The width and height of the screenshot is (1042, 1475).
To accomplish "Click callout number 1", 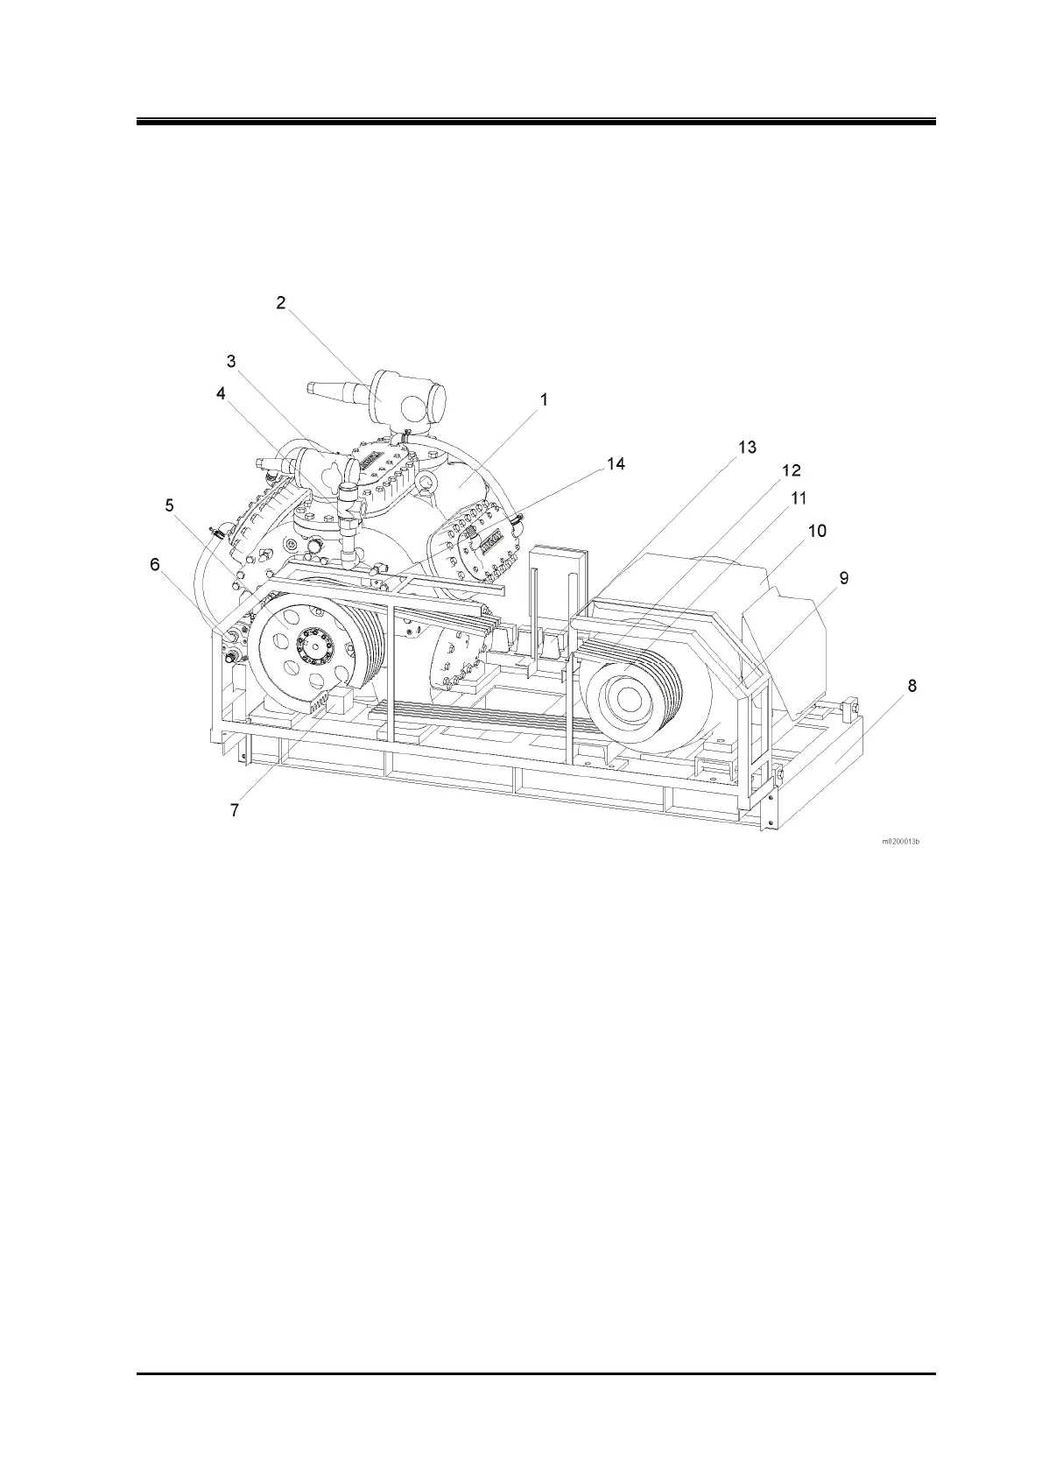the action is (x=543, y=400).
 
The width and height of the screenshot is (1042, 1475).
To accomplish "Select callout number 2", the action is (x=280, y=303).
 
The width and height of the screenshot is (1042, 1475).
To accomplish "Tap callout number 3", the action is (x=231, y=361).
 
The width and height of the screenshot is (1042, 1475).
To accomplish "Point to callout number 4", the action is (x=222, y=394).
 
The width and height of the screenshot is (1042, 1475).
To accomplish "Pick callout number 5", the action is (x=169, y=505).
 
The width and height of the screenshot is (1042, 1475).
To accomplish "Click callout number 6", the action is (x=155, y=565).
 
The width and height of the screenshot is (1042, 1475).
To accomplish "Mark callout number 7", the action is (x=234, y=810).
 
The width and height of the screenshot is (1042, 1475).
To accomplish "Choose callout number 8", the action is (x=912, y=686).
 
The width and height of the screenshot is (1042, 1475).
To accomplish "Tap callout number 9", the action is (x=843, y=578).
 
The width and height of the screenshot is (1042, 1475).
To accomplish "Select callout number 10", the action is (x=816, y=531).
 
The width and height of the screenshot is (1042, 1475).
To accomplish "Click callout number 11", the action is (x=799, y=498).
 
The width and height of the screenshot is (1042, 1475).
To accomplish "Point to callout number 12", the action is (x=791, y=470).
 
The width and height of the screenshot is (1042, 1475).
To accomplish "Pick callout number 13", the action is (x=746, y=448).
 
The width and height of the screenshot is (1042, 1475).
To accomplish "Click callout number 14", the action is (x=616, y=464).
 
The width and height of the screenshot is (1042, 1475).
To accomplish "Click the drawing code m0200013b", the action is (x=900, y=843).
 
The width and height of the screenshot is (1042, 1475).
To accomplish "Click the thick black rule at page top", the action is (x=536, y=122).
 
